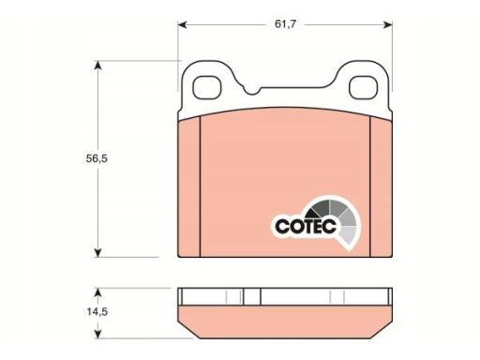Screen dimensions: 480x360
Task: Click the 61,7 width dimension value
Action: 285,24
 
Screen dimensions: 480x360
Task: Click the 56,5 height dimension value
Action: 97,158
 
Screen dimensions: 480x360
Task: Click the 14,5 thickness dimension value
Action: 97,311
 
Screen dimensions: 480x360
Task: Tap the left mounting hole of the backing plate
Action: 207,88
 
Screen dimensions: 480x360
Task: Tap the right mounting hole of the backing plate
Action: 363,88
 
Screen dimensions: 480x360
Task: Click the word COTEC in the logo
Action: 306,226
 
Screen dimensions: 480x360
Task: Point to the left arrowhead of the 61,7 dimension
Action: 182,24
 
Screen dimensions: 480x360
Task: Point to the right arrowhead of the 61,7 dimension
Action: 388,24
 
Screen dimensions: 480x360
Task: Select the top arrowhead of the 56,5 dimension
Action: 98,66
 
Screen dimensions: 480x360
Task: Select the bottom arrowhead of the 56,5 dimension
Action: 98,252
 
